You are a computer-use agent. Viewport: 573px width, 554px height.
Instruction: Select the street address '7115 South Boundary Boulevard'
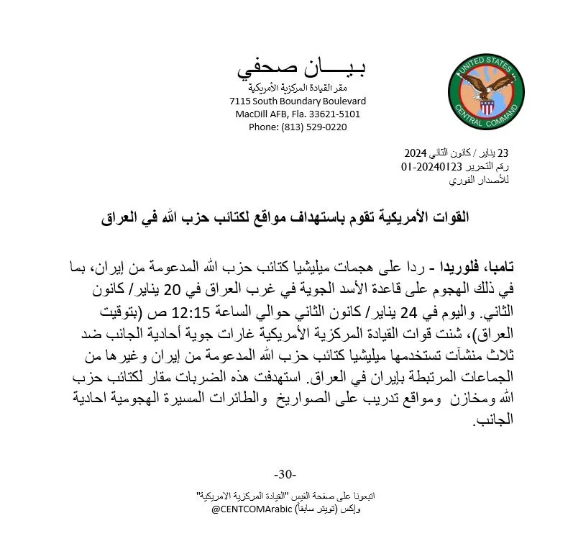(x=298, y=101)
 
